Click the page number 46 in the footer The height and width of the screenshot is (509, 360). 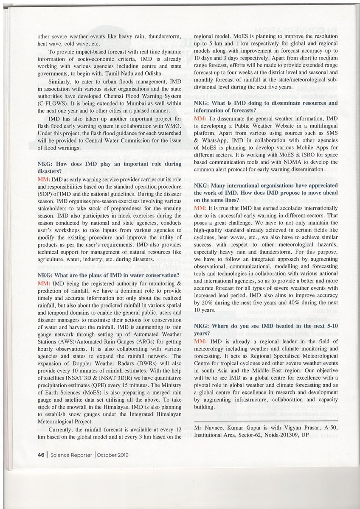41,454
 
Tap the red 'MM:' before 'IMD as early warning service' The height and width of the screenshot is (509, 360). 44,180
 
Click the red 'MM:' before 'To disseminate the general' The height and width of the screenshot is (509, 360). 200,117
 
